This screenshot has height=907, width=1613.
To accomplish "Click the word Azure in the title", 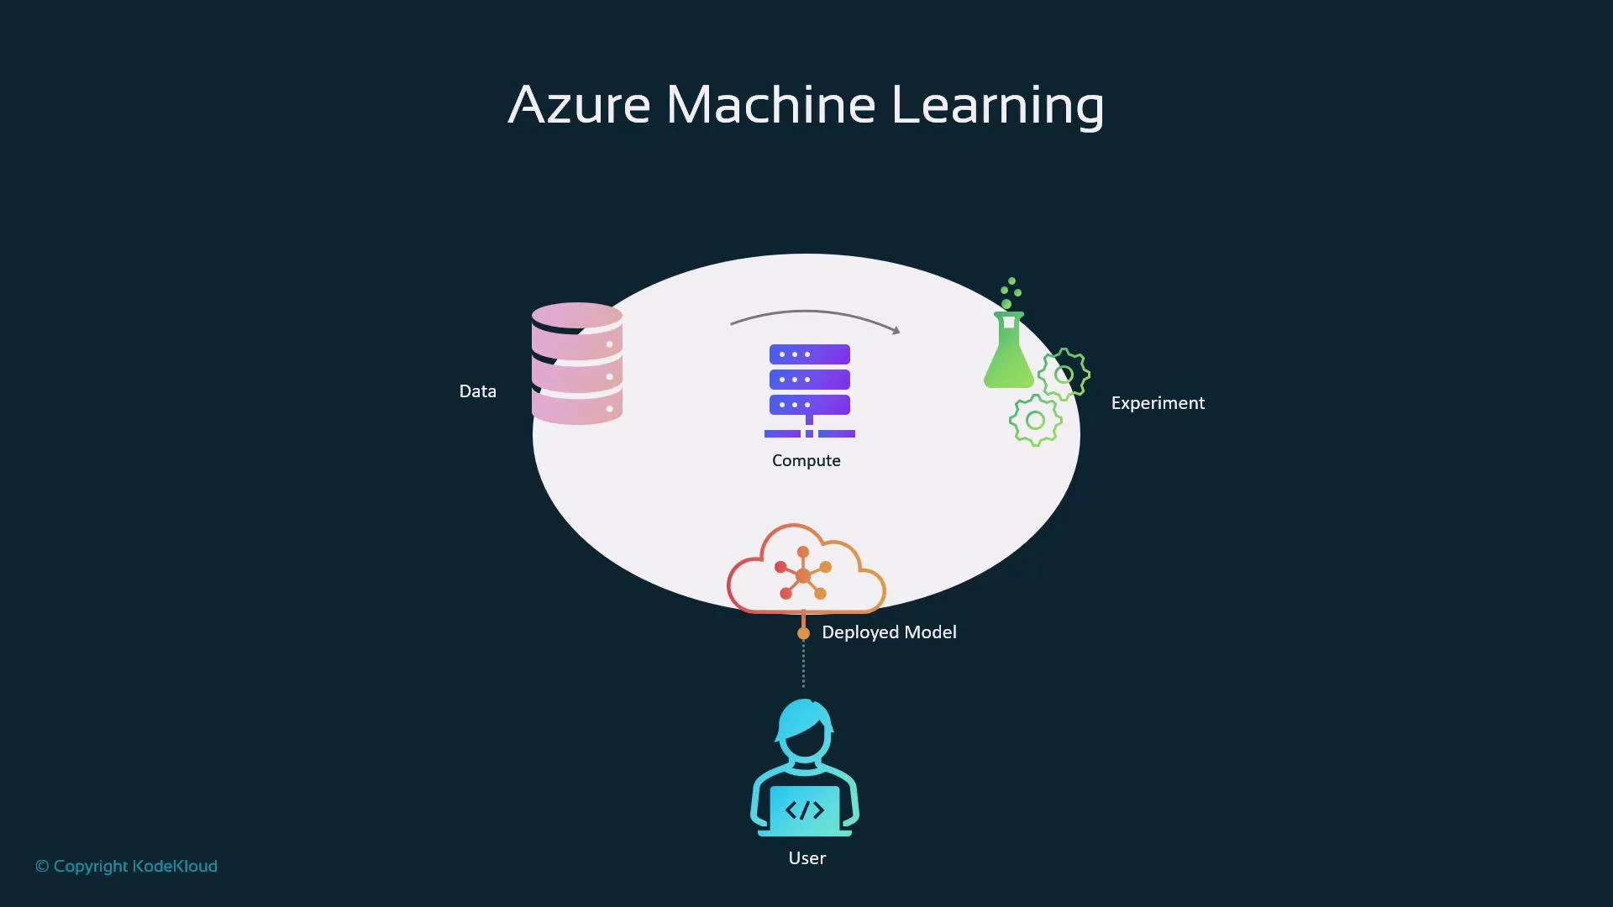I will pyautogui.click(x=580, y=105).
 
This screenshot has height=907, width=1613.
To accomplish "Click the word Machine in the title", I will pyautogui.click(x=771, y=105).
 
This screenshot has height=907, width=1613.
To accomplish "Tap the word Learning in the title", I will pyautogui.click(x=997, y=107).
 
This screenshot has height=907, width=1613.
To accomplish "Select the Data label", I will pyautogui.click(x=477, y=391).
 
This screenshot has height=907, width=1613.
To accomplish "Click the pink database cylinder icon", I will pyautogui.click(x=577, y=364).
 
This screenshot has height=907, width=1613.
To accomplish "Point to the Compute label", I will pyautogui.click(x=806, y=460).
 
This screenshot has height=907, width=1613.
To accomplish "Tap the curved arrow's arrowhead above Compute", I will pyautogui.click(x=896, y=330).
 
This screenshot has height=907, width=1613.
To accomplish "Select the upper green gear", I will pyautogui.click(x=1064, y=374).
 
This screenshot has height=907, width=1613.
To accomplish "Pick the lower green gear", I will pyautogui.click(x=1035, y=420).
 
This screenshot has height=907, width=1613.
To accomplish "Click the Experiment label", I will pyautogui.click(x=1158, y=403).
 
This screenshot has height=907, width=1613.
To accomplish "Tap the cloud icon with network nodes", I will pyautogui.click(x=805, y=571).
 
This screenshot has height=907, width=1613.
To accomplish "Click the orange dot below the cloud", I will pyautogui.click(x=803, y=633).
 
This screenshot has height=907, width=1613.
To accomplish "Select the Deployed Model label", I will pyautogui.click(x=889, y=632).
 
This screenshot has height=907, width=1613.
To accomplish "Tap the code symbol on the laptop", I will pyautogui.click(x=805, y=810).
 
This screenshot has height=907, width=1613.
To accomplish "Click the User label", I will pyautogui.click(x=806, y=858).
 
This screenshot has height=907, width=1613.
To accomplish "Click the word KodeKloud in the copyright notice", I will pyautogui.click(x=175, y=866).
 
